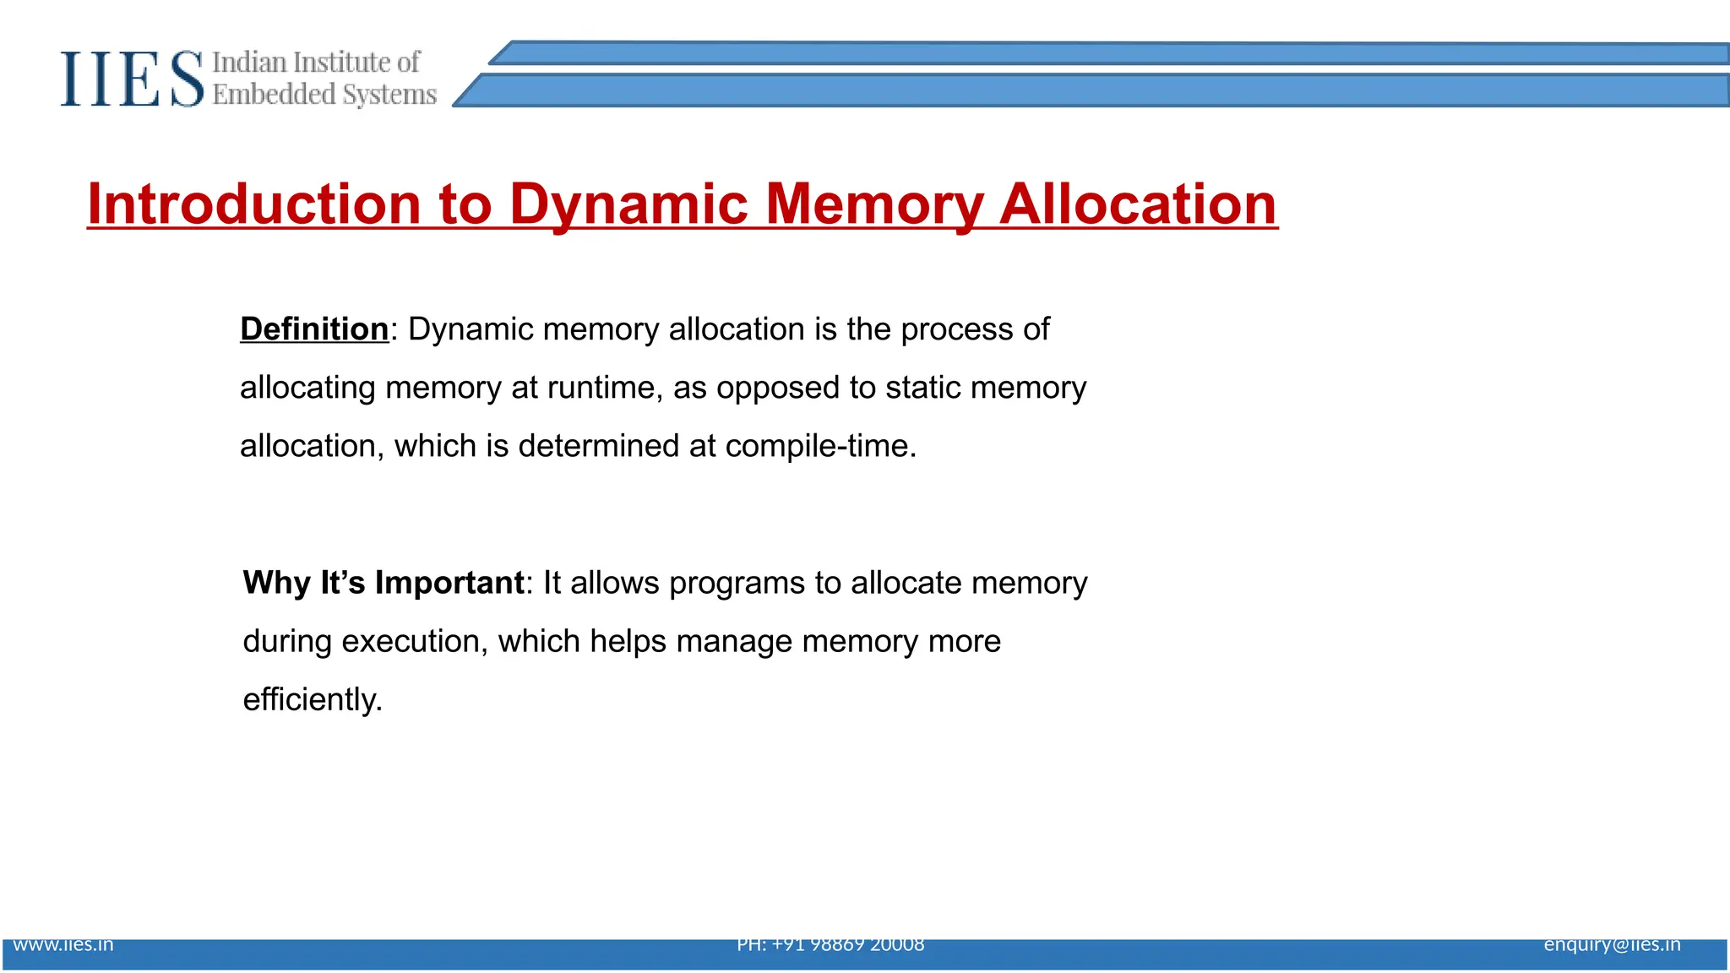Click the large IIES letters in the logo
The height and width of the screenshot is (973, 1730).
click(132, 79)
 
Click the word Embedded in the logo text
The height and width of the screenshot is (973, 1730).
click(274, 95)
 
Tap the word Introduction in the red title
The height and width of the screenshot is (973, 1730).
click(253, 204)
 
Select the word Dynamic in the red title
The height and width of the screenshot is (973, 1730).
click(628, 204)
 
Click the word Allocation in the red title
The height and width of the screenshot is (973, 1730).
click(1138, 204)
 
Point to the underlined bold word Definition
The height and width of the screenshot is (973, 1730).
click(314, 329)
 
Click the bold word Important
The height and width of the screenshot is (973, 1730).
click(449, 583)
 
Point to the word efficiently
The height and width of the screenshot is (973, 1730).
click(313, 700)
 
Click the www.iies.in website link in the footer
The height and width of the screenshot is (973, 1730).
click(63, 944)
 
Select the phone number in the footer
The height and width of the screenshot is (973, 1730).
click(830, 944)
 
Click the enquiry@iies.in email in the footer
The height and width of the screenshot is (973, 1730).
click(1612, 944)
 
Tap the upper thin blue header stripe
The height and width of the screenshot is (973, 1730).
click(1098, 53)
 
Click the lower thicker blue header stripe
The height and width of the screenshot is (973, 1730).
click(1098, 90)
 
